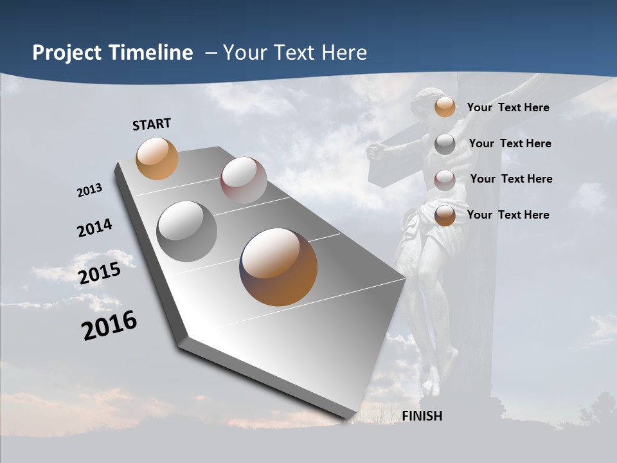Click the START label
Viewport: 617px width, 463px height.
tap(152, 124)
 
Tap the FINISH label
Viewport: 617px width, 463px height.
tap(422, 416)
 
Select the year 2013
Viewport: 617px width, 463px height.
tap(89, 190)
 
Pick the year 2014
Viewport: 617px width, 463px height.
tap(94, 228)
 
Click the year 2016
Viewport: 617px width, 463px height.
tap(109, 325)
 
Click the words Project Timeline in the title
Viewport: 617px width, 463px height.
tap(112, 53)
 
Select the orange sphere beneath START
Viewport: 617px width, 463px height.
tap(157, 158)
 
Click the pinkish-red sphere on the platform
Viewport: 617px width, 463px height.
tap(244, 180)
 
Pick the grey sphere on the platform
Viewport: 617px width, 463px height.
tap(187, 231)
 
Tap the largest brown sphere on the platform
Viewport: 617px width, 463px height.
tap(278, 267)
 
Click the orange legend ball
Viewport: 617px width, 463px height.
tap(445, 107)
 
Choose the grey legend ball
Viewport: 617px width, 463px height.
tap(445, 144)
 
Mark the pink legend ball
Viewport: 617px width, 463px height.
tap(445, 180)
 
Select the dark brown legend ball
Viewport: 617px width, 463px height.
tap(445, 215)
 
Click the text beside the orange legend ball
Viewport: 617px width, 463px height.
tap(508, 107)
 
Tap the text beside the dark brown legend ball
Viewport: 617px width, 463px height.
tap(508, 215)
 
